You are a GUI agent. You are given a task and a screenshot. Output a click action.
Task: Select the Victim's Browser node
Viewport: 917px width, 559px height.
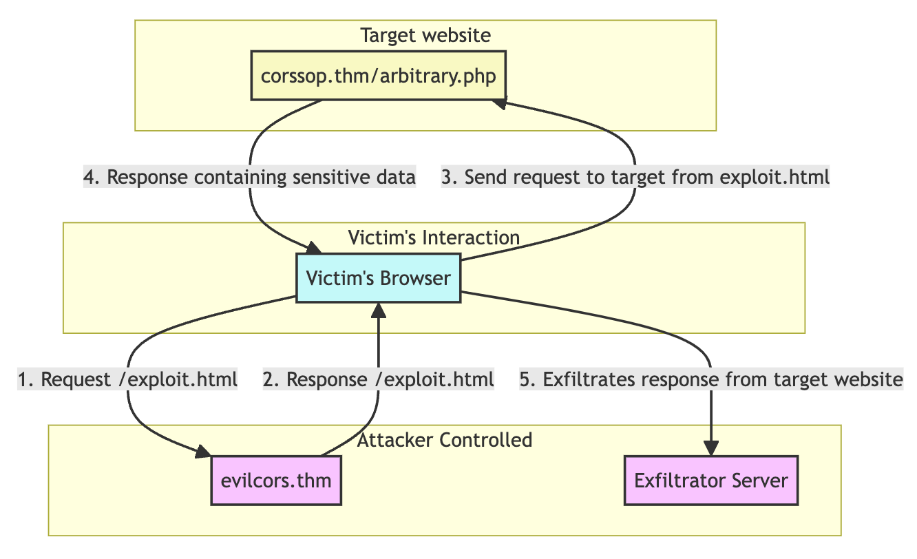[378, 278]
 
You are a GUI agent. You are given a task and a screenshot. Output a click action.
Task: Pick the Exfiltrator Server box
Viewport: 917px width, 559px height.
[710, 480]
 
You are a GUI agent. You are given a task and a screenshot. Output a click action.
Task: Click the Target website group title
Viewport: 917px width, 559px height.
[425, 35]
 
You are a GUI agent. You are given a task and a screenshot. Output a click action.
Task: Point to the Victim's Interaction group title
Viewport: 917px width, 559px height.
[434, 238]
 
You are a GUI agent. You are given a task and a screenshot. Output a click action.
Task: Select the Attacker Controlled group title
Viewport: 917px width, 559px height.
[445, 441]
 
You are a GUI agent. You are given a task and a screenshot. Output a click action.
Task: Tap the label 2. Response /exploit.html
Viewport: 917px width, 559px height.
[378, 379]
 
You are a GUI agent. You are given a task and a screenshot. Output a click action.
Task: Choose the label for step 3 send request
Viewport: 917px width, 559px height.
[636, 178]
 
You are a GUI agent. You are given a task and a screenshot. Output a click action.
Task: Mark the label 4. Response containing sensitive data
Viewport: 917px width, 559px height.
[249, 178]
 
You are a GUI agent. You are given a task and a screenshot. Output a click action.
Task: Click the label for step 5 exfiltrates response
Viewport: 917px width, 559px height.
[710, 379]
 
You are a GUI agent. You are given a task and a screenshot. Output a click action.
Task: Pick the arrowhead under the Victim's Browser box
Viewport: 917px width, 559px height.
[378, 309]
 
